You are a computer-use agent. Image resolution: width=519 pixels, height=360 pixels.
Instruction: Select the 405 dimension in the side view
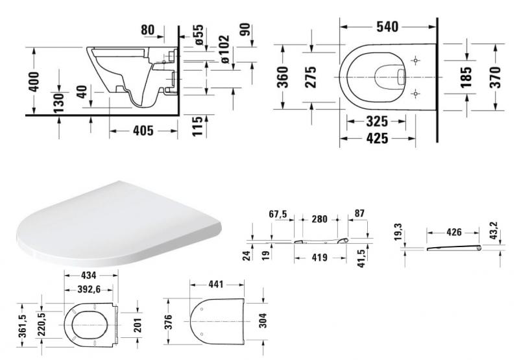143,131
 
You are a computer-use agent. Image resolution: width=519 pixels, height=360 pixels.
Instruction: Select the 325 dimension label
377,121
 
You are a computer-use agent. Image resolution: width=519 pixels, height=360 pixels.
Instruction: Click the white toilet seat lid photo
117,224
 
